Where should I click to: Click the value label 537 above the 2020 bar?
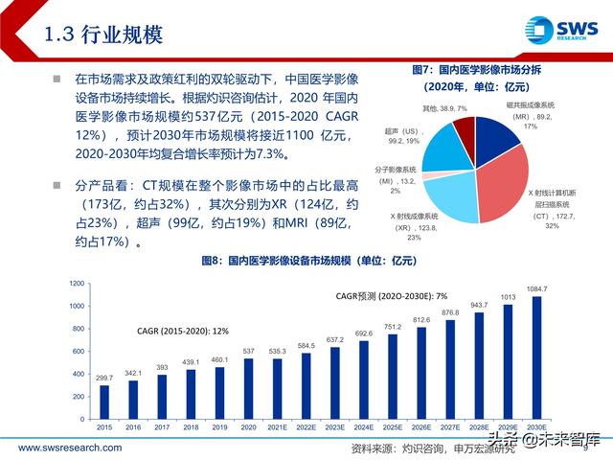249,351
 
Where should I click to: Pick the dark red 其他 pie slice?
465,127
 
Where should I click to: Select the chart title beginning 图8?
317,261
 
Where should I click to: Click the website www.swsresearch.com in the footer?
70,448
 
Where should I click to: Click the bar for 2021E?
278,379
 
